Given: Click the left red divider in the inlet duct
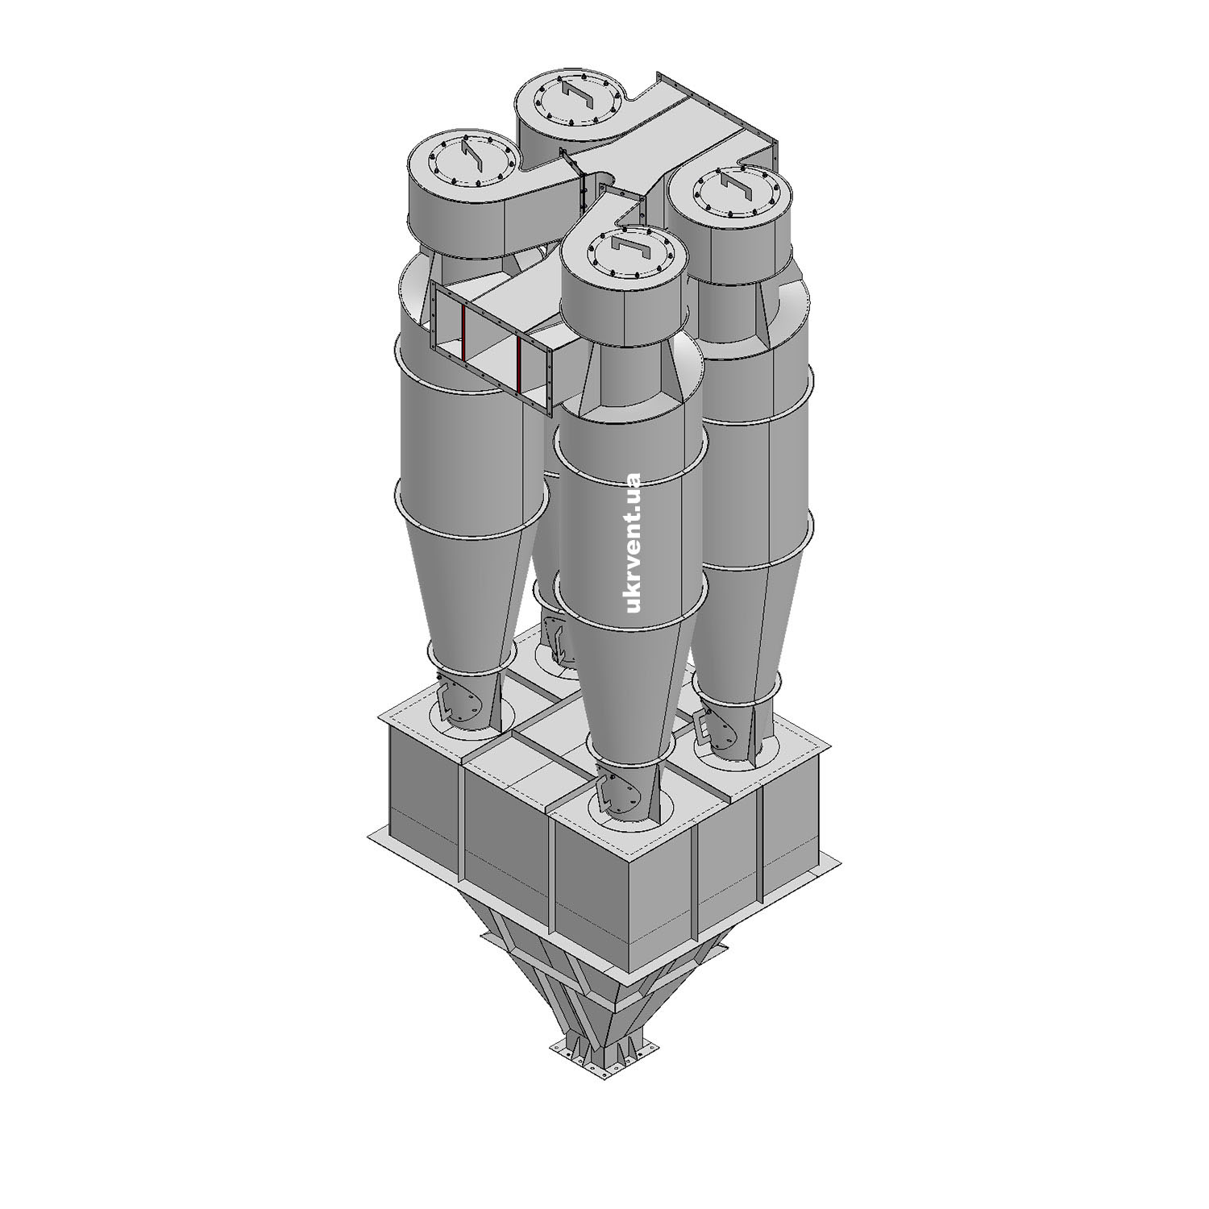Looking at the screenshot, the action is [x=463, y=334].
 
